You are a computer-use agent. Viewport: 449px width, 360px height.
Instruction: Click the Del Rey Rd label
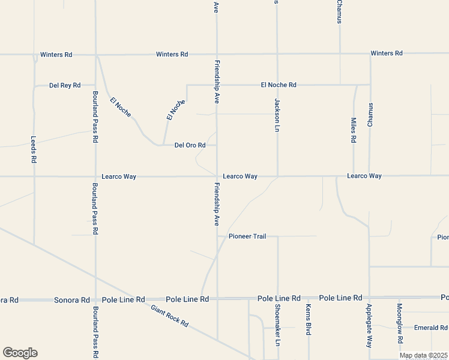point(65,86)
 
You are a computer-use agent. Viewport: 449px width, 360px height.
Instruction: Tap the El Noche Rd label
point(279,85)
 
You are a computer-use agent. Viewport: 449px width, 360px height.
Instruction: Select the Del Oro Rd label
point(190,145)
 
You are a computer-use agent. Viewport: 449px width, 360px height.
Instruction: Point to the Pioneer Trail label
point(247,236)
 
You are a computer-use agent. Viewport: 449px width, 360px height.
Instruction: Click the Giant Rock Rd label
point(170,316)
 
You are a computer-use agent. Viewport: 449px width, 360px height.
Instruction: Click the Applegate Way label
point(369,326)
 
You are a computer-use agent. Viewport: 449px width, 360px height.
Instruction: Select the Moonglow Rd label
point(400,323)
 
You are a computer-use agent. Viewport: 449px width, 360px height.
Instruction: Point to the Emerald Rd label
point(431,328)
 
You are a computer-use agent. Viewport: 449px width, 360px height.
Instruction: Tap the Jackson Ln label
point(277,115)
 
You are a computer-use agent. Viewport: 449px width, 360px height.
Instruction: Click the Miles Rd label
point(353,130)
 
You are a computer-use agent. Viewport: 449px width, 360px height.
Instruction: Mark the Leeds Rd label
point(34,149)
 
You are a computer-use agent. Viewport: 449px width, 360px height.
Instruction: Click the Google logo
point(20,353)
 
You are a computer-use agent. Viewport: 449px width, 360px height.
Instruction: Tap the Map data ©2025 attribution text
point(423,356)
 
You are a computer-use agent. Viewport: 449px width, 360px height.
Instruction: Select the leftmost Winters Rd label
point(56,55)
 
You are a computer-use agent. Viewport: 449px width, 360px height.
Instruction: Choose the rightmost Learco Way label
point(364,176)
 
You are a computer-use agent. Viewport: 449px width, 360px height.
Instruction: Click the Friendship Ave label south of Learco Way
point(217,205)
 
